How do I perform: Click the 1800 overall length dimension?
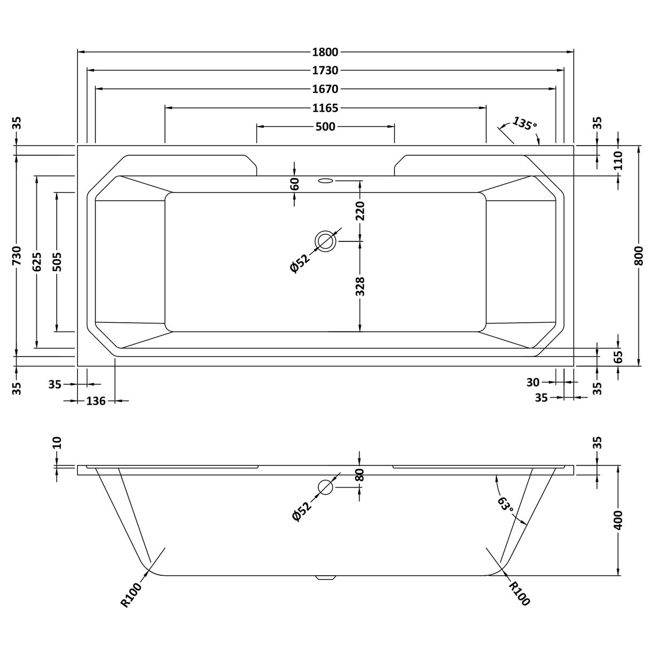coord(325,52)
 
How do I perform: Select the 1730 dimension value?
coord(325,70)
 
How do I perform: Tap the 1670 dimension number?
coord(325,89)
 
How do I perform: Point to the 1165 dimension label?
coord(325,108)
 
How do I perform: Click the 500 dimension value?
coord(325,127)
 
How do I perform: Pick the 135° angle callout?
coord(524,124)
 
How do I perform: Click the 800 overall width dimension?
coord(639,256)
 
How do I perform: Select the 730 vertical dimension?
coord(17,256)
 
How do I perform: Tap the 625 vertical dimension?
coord(36,262)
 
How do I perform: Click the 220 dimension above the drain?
coord(360,211)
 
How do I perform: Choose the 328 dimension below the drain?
coord(360,286)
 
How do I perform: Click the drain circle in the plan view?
coord(325,241)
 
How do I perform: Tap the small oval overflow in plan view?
coord(325,180)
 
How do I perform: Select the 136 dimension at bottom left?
coord(96,401)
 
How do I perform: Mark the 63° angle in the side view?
coord(506,509)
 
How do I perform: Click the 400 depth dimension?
coord(619,520)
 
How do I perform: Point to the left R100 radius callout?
coord(131,595)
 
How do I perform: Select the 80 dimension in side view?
coord(360,475)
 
